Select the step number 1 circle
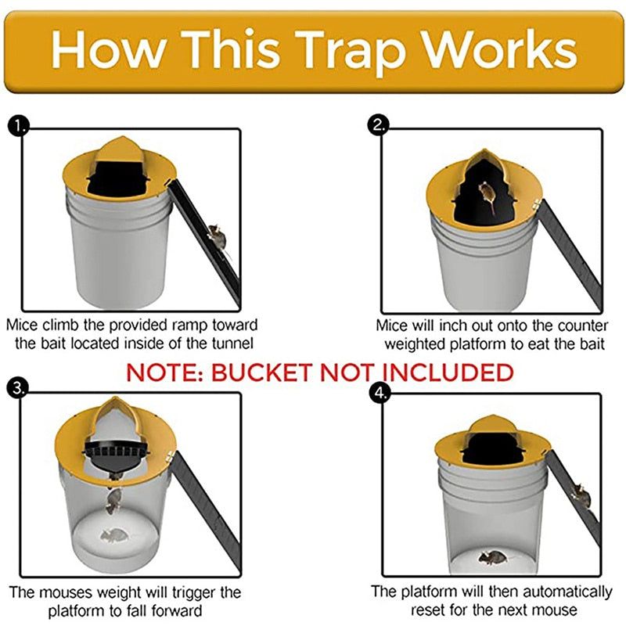pyautogui.click(x=17, y=125)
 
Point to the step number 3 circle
pyautogui.click(x=17, y=387)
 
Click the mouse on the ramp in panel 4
pyautogui.click(x=579, y=493)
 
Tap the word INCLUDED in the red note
pyautogui.click(x=448, y=372)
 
